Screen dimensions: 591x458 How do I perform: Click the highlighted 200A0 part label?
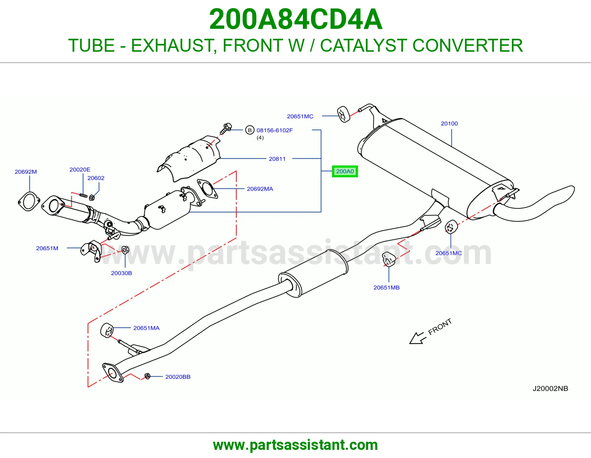click(345, 171)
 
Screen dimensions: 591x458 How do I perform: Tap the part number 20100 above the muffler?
click(449, 123)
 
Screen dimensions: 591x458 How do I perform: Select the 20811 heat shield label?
click(277, 159)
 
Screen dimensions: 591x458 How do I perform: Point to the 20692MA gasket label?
click(260, 189)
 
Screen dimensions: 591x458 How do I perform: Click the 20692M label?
click(25, 172)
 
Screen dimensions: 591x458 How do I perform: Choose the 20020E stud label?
click(80, 170)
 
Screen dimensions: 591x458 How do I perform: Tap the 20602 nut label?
click(96, 178)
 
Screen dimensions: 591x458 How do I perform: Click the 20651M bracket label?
click(47, 248)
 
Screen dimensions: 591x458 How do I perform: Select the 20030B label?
click(121, 273)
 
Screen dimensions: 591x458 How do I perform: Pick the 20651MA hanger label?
click(146, 328)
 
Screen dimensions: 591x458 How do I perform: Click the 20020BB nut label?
click(178, 377)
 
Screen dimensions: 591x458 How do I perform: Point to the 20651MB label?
click(386, 287)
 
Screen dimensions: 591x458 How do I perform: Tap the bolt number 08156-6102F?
click(274, 130)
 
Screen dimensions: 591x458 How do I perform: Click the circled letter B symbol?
click(250, 130)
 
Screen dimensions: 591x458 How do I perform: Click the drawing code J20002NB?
click(550, 388)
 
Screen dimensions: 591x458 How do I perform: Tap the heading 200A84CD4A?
click(295, 19)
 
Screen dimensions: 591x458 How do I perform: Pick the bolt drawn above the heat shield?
click(226, 129)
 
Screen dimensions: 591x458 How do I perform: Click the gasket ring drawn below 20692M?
click(29, 202)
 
